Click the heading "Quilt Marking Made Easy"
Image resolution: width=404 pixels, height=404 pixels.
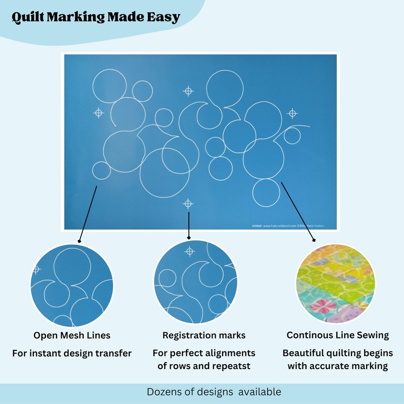coord(96,17)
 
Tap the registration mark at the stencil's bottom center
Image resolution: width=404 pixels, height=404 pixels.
coord(188,204)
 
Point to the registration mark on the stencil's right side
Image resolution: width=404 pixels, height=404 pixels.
coord(292,113)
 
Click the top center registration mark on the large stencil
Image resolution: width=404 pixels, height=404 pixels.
coord(188,91)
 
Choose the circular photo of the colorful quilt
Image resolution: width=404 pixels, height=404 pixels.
coord(335,283)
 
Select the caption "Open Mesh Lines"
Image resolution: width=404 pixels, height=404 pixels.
coord(72,335)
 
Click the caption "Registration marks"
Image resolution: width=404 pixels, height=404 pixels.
coord(204,335)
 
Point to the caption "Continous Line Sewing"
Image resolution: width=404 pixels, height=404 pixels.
coord(338,335)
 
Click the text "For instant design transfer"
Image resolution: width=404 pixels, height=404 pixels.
coord(72,353)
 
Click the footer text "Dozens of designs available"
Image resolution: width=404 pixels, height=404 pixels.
coord(214,392)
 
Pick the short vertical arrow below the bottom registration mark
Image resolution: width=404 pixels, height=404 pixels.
coord(188,225)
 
